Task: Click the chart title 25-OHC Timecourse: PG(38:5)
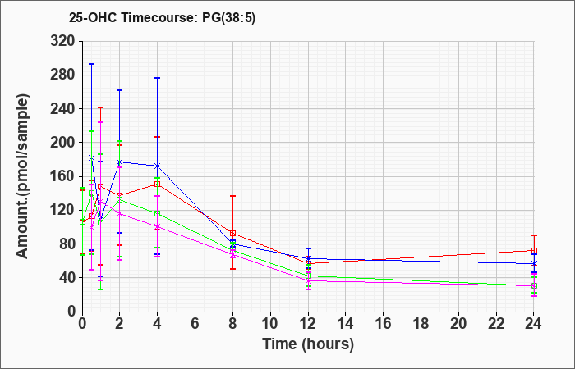162,18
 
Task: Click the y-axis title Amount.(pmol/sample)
22,176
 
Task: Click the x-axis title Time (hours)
308,344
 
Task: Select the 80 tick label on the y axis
67,244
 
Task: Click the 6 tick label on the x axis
195,324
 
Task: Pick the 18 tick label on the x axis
421,324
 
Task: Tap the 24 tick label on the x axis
534,324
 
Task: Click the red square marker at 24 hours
534,251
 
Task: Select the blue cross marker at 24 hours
534,263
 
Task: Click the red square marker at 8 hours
232,233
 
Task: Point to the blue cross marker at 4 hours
158,166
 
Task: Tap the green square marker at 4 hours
158,213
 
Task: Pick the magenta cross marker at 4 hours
158,226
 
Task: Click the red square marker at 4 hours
158,184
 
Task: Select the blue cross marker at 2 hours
120,162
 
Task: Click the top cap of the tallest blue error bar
92,64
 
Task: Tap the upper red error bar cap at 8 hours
232,196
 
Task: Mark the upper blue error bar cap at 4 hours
158,78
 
